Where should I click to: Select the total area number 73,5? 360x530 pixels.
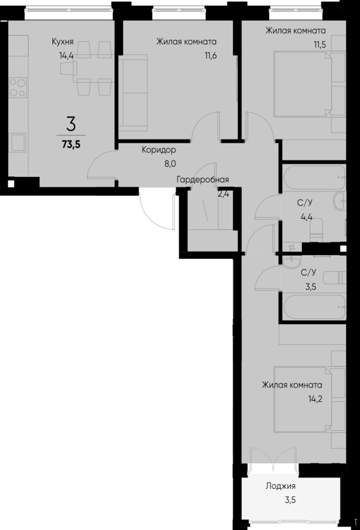(x=71, y=143)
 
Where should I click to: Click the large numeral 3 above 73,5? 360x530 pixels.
(x=71, y=123)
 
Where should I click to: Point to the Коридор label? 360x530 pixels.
(x=159, y=150)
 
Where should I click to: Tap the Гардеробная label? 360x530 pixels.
(x=202, y=179)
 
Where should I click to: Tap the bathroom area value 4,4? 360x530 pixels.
(x=306, y=216)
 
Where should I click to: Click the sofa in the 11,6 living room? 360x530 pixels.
(x=131, y=90)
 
